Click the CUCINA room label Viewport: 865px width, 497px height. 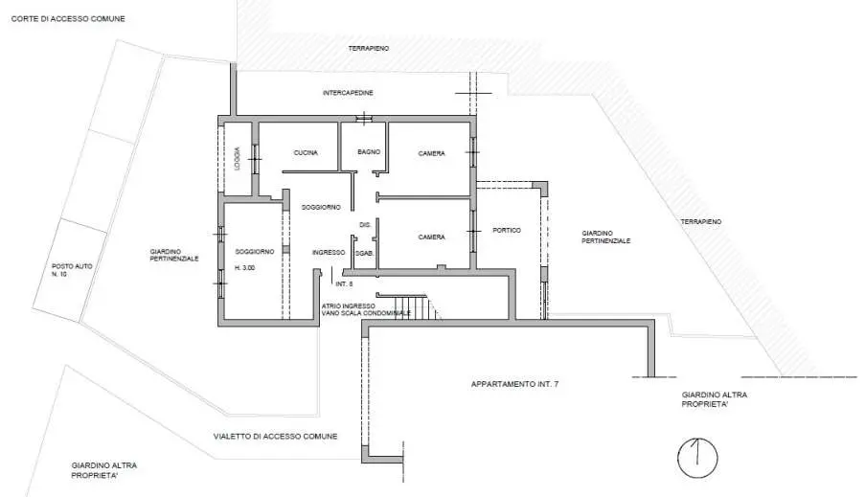(306, 153)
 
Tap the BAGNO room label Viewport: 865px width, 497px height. (369, 151)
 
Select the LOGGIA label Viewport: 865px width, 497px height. (238, 158)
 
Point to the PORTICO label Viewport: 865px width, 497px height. (507, 230)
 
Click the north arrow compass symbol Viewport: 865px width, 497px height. (697, 458)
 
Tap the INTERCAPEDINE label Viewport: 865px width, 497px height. (348, 93)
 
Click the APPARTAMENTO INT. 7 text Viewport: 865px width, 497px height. (514, 384)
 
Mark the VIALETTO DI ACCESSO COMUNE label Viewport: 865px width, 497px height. (275, 436)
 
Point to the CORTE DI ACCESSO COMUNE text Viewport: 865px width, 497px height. (68, 19)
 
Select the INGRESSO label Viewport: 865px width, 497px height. (329, 252)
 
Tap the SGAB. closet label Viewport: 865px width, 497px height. (365, 253)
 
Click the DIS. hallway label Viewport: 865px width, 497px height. (365, 225)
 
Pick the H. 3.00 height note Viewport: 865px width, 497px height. (245, 268)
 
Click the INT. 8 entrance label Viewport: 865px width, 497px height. (344, 283)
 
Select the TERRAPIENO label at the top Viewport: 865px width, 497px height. (369, 49)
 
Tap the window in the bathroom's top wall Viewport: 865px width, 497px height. (364, 118)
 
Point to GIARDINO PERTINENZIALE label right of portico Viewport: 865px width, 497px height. (605, 237)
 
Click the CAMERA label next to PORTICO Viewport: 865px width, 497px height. (431, 237)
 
